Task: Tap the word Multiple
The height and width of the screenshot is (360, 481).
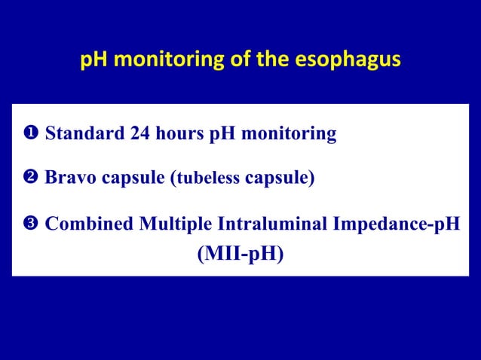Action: [173, 224]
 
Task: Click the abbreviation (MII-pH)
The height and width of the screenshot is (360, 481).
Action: [240, 255]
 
